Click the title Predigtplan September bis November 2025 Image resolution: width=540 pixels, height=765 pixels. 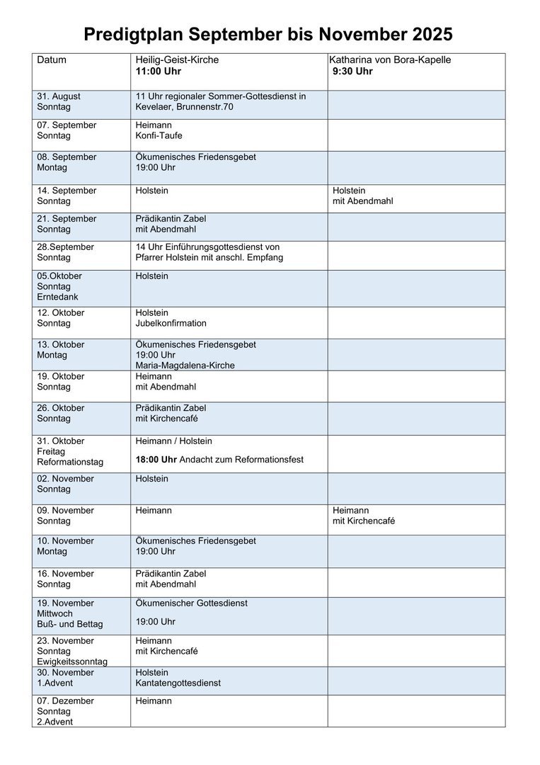268,34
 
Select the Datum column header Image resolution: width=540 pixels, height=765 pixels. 52,60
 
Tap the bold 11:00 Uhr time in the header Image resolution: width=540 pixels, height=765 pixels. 159,72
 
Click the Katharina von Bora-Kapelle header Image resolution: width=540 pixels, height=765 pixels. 390,60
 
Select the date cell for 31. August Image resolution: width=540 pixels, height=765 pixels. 59,101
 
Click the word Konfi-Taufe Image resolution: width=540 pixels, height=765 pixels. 159,136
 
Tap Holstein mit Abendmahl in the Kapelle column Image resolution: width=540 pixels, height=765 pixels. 362,195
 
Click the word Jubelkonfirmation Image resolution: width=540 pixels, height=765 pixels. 171,324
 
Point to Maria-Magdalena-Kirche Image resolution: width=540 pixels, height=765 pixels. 185,365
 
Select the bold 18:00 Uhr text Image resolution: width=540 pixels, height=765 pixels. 156,460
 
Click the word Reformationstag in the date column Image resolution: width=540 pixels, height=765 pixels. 70,463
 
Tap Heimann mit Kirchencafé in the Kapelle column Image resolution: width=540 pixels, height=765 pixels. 364,516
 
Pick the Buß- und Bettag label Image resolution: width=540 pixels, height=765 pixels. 70,625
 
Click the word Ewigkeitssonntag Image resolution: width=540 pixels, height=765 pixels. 72,662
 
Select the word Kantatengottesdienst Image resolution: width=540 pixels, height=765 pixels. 178,684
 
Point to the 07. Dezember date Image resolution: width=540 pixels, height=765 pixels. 65,701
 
